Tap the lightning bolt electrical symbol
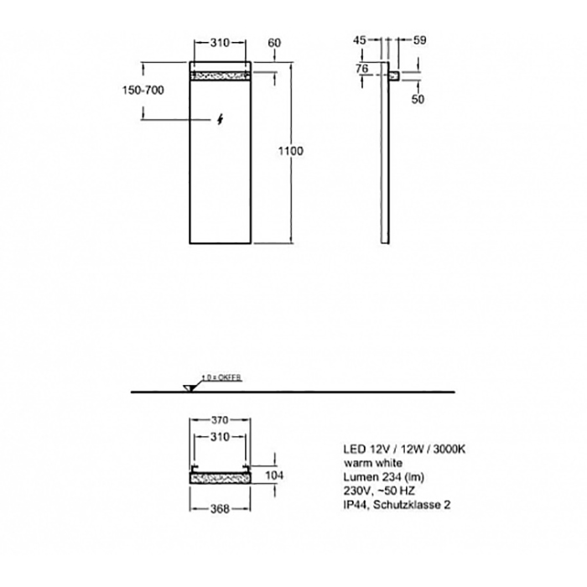coord(220,119)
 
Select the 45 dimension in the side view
coord(360,40)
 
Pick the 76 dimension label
coord(362,68)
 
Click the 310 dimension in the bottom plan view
coord(220,438)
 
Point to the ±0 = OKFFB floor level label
coord(221,378)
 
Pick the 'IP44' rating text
coord(352,504)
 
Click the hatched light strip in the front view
coord(220,76)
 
